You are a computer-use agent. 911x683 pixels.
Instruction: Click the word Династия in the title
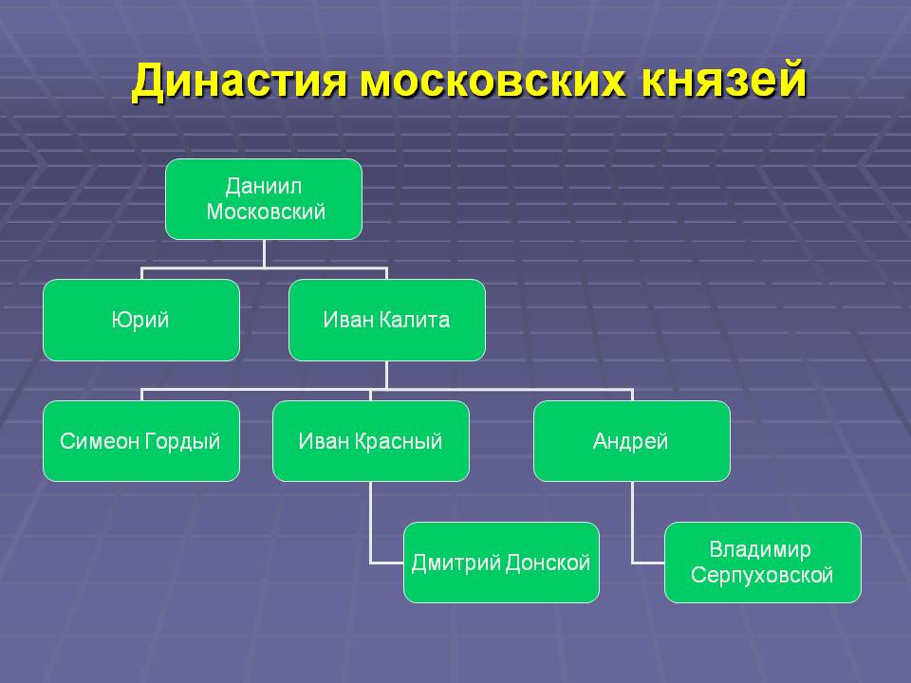click(x=241, y=83)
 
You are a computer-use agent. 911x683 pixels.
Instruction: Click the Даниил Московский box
click(x=264, y=198)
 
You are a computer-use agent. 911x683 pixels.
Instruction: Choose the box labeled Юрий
click(x=140, y=320)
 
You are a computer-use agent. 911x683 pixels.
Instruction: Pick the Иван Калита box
click(x=386, y=320)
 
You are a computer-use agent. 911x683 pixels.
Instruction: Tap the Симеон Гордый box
click(x=140, y=441)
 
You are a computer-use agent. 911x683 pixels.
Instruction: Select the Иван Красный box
click(x=370, y=441)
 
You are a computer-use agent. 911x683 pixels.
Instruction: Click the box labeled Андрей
click(x=631, y=441)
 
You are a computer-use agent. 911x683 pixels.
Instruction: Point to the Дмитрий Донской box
click(x=501, y=563)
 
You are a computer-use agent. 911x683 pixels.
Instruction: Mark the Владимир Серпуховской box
click(x=762, y=563)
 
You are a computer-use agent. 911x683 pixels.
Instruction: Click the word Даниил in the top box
click(x=265, y=186)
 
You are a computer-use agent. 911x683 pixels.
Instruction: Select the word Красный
click(x=400, y=441)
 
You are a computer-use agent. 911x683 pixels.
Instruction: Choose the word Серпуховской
click(x=762, y=575)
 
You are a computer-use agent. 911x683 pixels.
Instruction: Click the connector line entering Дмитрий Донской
click(x=386, y=563)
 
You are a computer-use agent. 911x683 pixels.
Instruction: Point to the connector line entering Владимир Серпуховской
click(x=647, y=563)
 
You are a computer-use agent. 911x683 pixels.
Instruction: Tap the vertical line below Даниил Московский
click(x=264, y=253)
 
